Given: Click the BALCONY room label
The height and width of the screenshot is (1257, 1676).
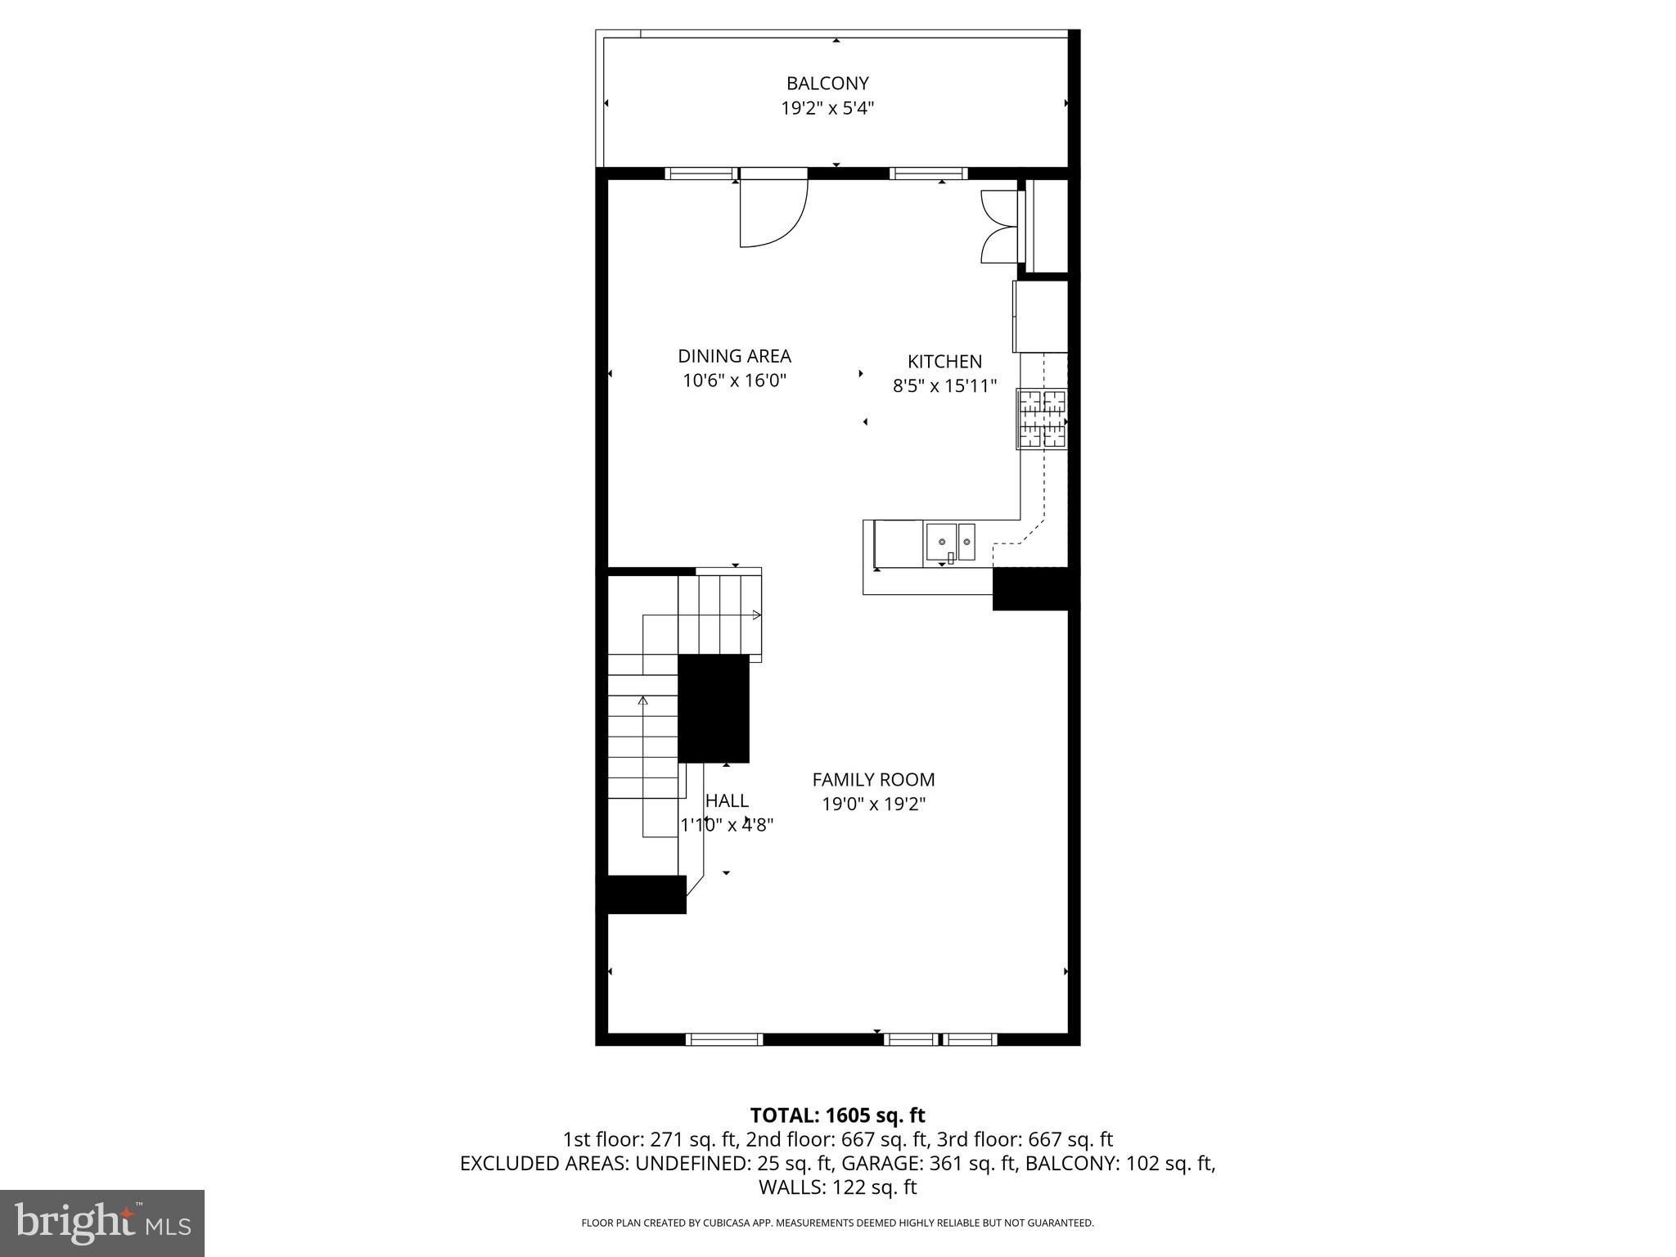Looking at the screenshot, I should [827, 83].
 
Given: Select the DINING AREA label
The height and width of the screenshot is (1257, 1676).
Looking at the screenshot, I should [734, 356].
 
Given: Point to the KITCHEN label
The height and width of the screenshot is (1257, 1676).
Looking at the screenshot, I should [944, 362].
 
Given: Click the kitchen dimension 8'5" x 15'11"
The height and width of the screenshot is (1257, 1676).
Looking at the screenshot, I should [944, 385].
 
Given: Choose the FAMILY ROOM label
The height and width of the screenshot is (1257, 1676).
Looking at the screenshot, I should [873, 780].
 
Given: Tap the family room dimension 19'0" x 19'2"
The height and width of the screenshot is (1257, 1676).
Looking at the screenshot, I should [873, 804].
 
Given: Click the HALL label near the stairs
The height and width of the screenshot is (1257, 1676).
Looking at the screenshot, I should [727, 801].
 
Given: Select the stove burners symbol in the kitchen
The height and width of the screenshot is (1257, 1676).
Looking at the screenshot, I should [1042, 419].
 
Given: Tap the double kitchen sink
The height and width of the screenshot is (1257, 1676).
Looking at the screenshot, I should [950, 541].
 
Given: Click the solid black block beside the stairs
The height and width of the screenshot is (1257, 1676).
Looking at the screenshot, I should [714, 709].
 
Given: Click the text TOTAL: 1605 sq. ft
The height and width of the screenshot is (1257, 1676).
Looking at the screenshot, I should [837, 1115].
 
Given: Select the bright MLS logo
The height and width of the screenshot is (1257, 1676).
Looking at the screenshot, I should [102, 1223].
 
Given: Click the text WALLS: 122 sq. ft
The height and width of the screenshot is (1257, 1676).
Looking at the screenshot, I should [837, 1187].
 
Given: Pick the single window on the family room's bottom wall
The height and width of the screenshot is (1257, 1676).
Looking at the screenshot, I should [724, 1039].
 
